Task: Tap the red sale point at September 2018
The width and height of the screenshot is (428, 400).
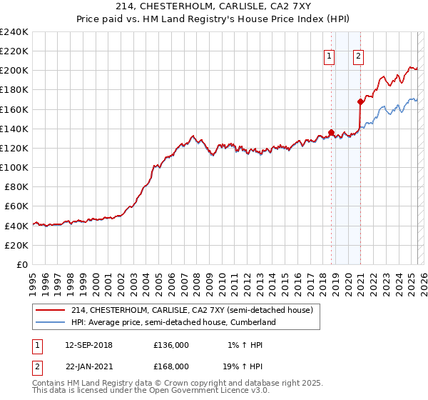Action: click(331, 132)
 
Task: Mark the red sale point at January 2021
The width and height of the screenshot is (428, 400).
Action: click(360, 101)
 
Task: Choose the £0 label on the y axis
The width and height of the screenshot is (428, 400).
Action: click(21, 264)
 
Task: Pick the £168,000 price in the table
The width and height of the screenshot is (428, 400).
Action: click(171, 366)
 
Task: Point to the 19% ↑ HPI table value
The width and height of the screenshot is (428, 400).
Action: click(246, 366)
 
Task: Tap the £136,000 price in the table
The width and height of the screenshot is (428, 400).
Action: click(171, 345)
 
